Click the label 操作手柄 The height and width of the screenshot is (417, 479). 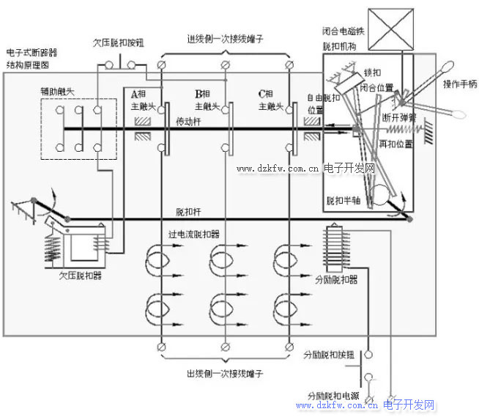(459, 84)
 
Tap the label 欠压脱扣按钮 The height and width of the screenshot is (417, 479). (118, 43)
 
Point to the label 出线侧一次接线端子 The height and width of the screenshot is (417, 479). (225, 374)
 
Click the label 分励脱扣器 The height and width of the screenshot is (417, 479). (335, 280)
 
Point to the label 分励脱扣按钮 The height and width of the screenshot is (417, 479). (329, 355)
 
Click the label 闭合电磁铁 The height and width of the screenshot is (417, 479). (343, 32)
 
